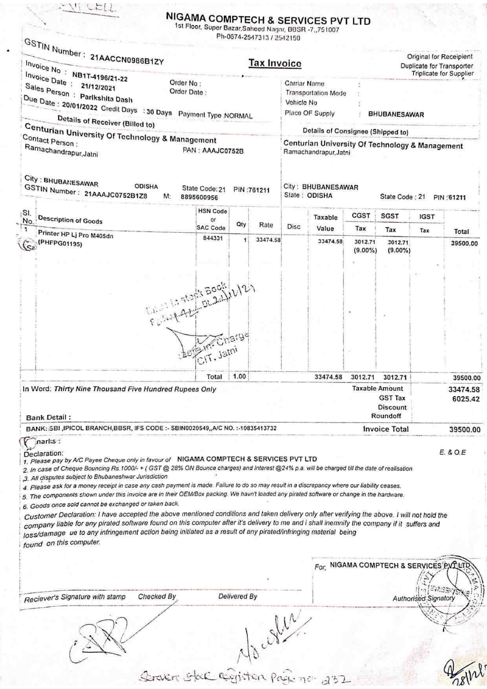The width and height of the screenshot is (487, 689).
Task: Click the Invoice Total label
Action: pos(386,429)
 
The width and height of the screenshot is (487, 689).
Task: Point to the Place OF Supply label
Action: pos(309,114)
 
